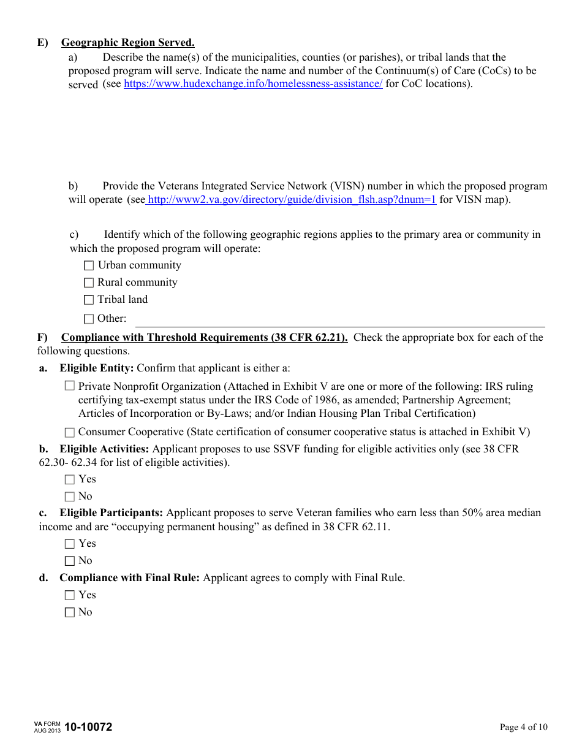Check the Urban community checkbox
pyautogui.click(x=89, y=265)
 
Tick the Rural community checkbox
pyautogui.click(x=89, y=283)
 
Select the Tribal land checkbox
pyautogui.click(x=89, y=300)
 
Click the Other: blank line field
pyautogui.click(x=339, y=321)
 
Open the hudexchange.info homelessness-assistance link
pyautogui.click(x=253, y=84)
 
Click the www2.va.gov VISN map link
pyautogui.click(x=292, y=200)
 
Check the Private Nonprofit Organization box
pyautogui.click(x=70, y=386)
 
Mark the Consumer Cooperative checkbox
pyautogui.click(x=70, y=432)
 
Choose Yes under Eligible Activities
pyautogui.click(x=70, y=479)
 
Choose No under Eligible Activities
pyautogui.click(x=70, y=497)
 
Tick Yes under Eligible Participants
pyautogui.click(x=70, y=544)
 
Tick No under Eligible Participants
pyautogui.click(x=70, y=561)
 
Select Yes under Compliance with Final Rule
pyautogui.click(x=70, y=595)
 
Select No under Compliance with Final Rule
pyautogui.click(x=70, y=612)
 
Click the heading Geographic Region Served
pyautogui.click(x=127, y=42)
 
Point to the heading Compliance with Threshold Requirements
pyautogui.click(x=204, y=337)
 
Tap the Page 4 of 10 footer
pyautogui.click(x=523, y=728)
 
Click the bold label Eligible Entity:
pyautogui.click(x=96, y=368)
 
